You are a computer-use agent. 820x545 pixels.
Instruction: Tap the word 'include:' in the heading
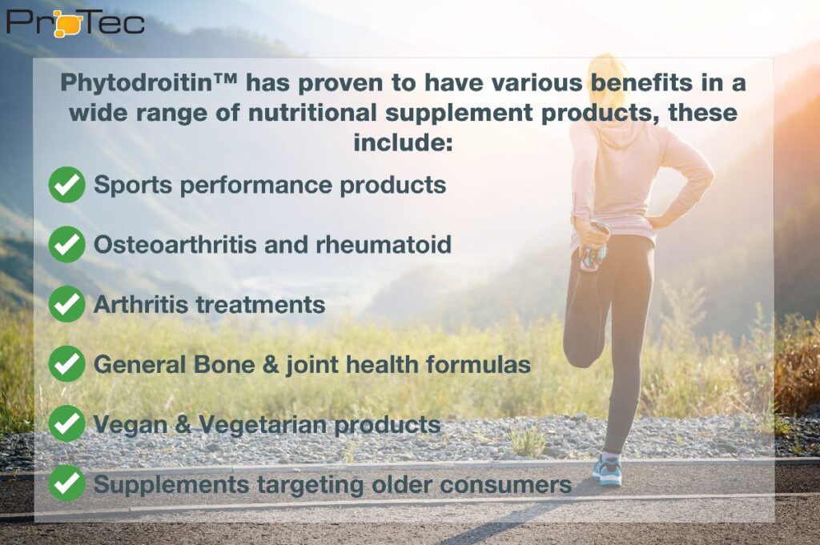[403, 142]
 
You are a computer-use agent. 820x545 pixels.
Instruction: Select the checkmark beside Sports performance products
[66, 184]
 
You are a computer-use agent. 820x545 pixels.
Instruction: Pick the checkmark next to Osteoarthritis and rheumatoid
[66, 244]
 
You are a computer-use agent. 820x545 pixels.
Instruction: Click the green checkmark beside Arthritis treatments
[66, 304]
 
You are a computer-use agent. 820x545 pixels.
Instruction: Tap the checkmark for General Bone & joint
[66, 363]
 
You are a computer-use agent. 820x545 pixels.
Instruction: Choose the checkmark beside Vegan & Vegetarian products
[66, 423]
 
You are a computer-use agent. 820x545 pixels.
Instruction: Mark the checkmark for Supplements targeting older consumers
[66, 483]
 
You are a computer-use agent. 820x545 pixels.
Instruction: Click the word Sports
[133, 186]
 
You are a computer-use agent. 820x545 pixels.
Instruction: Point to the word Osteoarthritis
[175, 245]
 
